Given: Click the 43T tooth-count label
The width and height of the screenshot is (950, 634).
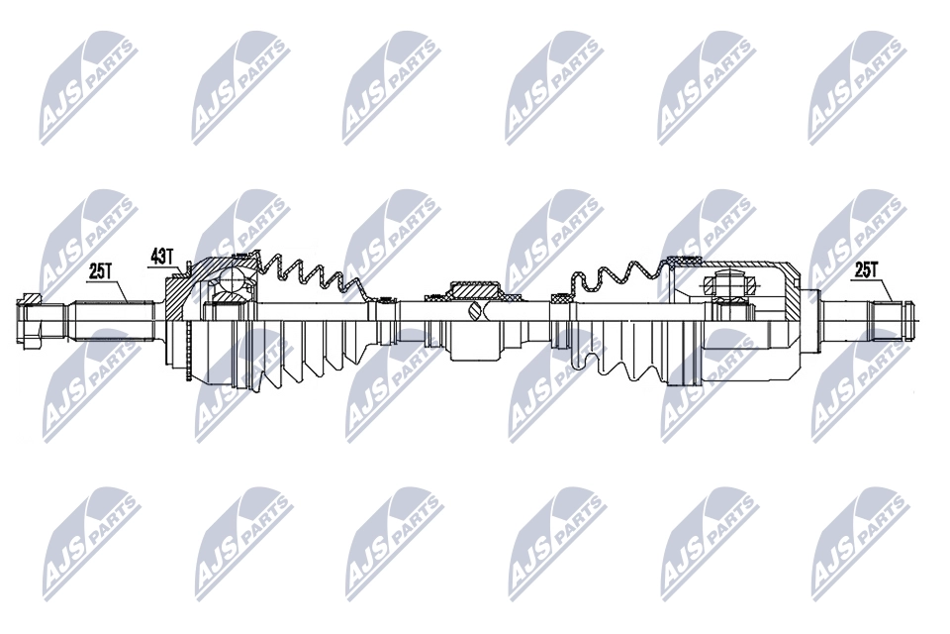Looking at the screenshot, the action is [x=162, y=257].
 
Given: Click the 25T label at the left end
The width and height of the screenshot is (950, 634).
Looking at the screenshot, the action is [x=101, y=271].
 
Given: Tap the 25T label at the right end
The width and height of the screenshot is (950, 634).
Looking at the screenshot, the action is [x=867, y=270].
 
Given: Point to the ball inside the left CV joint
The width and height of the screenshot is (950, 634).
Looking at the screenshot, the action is [x=231, y=280].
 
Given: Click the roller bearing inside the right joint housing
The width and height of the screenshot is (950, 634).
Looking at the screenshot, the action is [x=730, y=284].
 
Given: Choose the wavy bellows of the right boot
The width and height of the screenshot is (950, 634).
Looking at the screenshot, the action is [x=617, y=279].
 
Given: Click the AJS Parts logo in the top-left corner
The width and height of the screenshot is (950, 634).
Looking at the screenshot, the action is [x=88, y=88].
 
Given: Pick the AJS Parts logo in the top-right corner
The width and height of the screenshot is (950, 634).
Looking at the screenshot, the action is [x=858, y=88].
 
